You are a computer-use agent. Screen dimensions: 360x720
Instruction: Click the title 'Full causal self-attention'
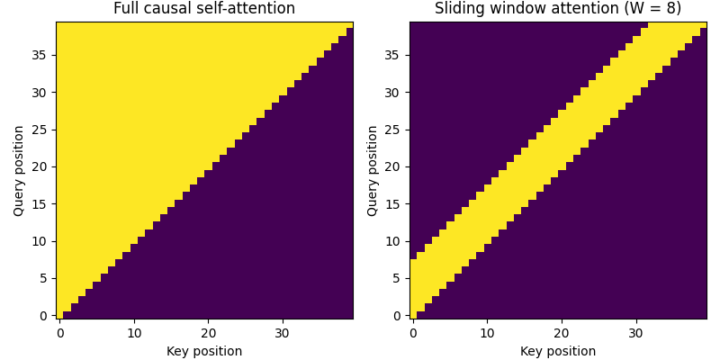[x=204, y=9]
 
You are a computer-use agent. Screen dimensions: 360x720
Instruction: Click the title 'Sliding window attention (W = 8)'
[x=558, y=9]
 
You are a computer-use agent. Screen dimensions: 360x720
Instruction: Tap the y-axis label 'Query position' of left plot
[x=19, y=170]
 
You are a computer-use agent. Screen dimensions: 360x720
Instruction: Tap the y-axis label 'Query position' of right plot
[x=373, y=170]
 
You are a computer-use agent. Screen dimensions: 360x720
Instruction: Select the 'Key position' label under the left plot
[x=204, y=351]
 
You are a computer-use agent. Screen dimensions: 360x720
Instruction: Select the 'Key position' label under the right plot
[x=558, y=351]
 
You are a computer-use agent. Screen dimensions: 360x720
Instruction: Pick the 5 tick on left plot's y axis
[x=45, y=278]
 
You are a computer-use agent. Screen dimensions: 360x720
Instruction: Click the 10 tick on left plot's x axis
[x=134, y=333]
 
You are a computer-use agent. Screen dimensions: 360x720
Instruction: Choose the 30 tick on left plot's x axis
[x=283, y=333]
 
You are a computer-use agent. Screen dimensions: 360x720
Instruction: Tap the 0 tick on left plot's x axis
[x=60, y=333]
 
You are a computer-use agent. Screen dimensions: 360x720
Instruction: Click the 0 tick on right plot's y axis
[x=399, y=315]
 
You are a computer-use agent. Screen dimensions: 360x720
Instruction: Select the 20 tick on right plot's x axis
[x=562, y=333]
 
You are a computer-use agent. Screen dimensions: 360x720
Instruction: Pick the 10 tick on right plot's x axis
[x=488, y=333]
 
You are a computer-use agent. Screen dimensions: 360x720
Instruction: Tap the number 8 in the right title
[x=668, y=9]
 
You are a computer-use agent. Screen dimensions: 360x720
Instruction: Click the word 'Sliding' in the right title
[x=460, y=9]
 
